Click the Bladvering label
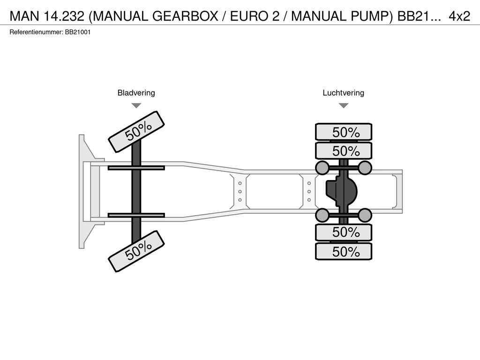pos(136,93)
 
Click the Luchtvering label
pos(344,93)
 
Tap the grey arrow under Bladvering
pos(136,105)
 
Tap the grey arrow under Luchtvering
pos(344,105)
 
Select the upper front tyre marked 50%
pos(136,132)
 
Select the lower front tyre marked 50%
pos(136,251)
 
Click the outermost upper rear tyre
pos(344,132)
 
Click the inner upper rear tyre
pos(344,150)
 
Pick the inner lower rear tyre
pos(344,232)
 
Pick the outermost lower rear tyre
pos(344,251)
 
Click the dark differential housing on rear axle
pos(342,192)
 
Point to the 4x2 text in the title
pos(459,16)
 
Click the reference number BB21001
pos(78,32)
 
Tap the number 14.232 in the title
pos(64,16)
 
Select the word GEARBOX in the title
pos(185,16)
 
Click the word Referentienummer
pos(37,32)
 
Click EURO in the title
pos(249,16)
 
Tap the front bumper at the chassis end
pos(82,192)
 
